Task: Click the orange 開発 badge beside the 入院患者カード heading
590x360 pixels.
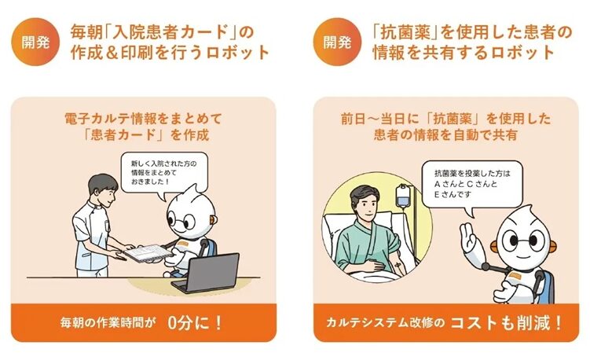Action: (x=35, y=42)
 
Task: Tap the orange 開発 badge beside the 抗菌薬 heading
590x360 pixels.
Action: (x=335, y=42)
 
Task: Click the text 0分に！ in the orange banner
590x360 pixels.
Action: (x=195, y=322)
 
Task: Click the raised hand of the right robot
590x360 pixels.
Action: (x=469, y=237)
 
